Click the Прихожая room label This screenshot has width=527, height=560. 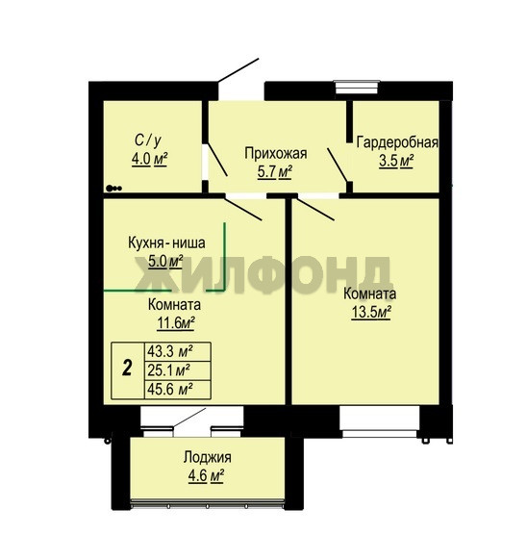pos(276,153)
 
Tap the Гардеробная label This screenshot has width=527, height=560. pos(397,142)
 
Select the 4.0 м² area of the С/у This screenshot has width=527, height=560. pos(150,159)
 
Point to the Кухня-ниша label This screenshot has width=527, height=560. pos(166,242)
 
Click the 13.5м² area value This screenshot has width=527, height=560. pos(371,313)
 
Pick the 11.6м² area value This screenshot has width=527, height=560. pos(176,323)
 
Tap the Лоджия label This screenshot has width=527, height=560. pos(207,457)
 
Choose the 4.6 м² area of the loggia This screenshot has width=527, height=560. pos(206,476)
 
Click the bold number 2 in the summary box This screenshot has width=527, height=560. pos(127,368)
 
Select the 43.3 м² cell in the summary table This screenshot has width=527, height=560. pos(170,351)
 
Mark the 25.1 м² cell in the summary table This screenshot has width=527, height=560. pos(168,370)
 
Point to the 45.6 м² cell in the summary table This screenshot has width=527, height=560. pos(170,390)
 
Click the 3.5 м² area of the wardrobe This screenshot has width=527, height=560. pos(396,161)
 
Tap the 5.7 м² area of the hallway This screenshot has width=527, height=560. pos(275,172)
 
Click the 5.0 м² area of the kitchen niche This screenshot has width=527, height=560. pos(165,262)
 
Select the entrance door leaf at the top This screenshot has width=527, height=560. pos(238,70)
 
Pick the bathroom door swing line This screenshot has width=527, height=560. pos(217,160)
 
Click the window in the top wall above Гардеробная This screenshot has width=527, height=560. pos(357,88)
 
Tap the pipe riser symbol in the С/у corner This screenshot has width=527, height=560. pos(113,189)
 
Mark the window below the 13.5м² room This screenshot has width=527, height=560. pos(379,421)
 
